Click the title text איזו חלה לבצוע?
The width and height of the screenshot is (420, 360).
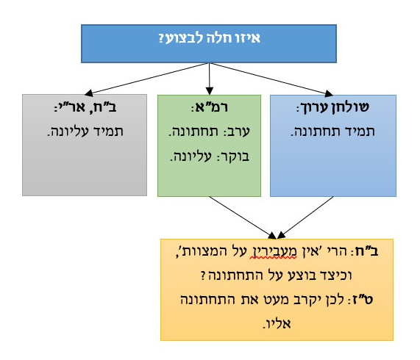[x=209, y=38]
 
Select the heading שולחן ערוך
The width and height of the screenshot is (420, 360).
[x=335, y=107]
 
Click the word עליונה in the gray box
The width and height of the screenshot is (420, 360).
[x=68, y=132]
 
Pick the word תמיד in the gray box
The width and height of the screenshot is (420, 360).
[x=108, y=132]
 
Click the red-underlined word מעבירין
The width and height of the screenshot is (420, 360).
[x=273, y=252]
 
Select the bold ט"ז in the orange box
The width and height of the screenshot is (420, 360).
[x=363, y=300]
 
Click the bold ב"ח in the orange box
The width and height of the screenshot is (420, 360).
[x=366, y=251]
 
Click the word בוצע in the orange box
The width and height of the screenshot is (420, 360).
[x=302, y=276]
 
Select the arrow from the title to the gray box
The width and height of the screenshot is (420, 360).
[x=146, y=79]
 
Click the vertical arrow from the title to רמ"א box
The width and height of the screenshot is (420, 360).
[x=210, y=79]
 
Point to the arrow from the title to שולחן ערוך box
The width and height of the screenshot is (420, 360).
[x=271, y=79]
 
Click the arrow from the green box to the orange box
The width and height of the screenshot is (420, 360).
[x=243, y=217]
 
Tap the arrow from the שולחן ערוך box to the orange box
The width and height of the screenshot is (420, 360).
[x=305, y=217]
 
